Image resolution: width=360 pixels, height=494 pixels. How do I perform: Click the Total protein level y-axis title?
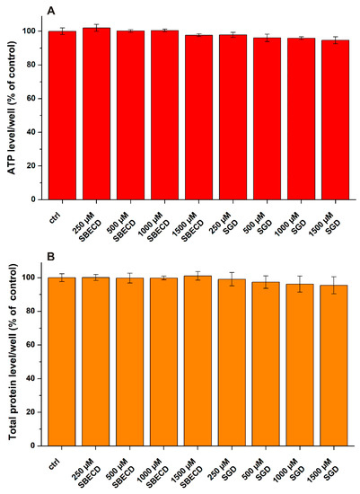coord(12,350)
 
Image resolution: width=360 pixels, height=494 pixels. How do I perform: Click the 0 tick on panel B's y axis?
coord(38,445)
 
